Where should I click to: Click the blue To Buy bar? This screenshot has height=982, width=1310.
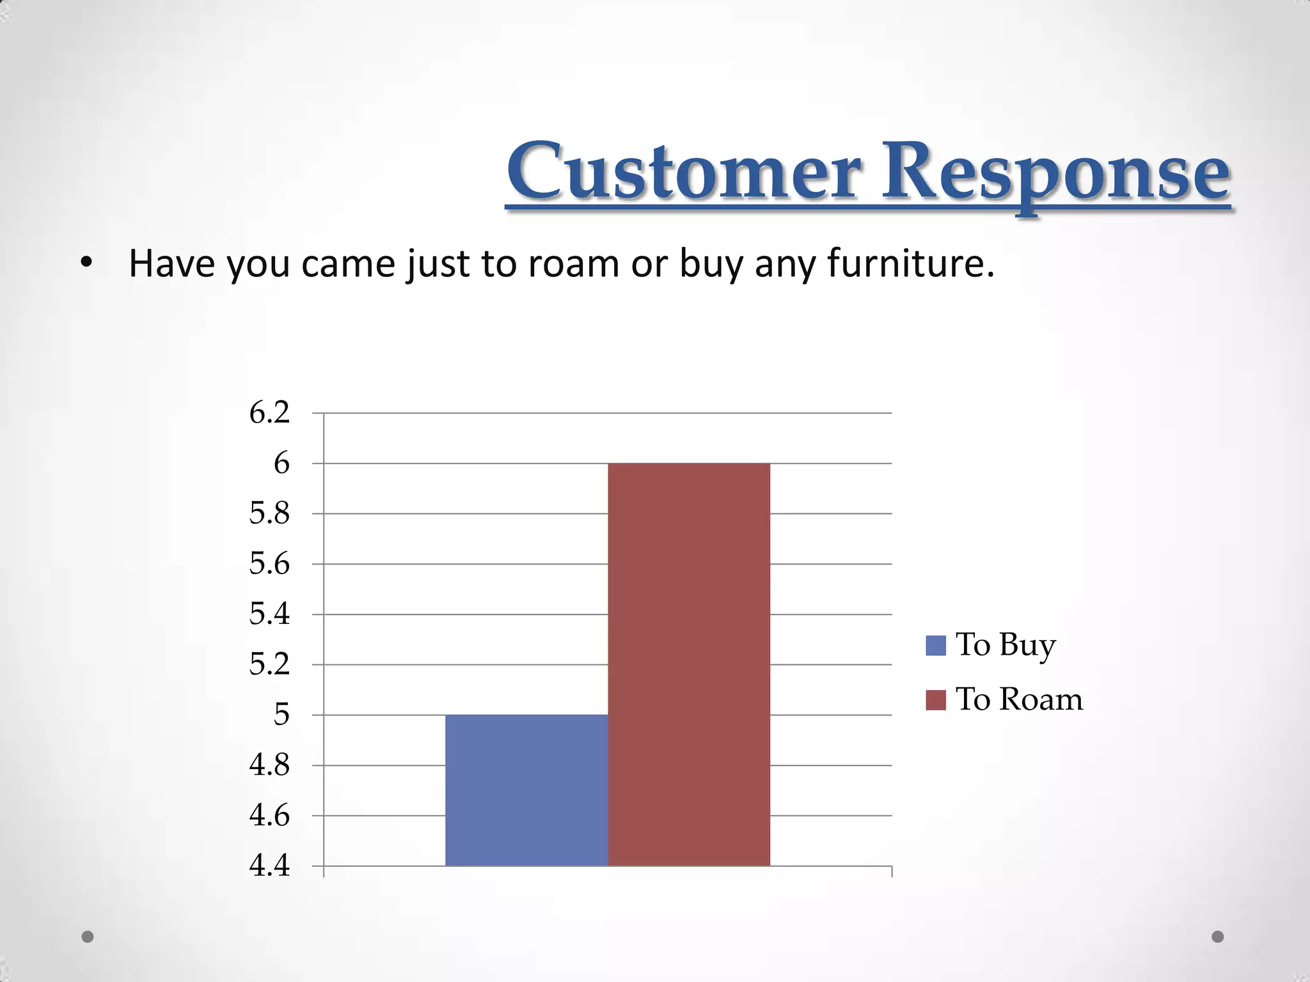[x=526, y=790]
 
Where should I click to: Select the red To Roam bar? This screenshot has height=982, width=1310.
[x=689, y=664]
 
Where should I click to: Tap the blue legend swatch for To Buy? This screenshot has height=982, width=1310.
[x=935, y=645]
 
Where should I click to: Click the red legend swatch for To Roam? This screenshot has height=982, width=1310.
[x=935, y=700]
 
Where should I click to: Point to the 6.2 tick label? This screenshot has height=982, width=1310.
[x=269, y=413]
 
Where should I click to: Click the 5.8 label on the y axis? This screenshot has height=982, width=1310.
[x=269, y=513]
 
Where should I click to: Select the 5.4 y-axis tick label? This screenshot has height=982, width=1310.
[x=269, y=614]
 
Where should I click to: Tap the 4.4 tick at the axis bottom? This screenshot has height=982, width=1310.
[x=269, y=866]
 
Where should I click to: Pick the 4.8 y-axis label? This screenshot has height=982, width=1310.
[x=269, y=765]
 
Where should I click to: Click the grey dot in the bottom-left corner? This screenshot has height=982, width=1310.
[x=88, y=937]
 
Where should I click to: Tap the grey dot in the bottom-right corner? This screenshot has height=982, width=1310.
[x=1218, y=937]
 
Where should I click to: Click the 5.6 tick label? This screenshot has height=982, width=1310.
[x=269, y=564]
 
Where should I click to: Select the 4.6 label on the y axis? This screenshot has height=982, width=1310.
[x=269, y=816]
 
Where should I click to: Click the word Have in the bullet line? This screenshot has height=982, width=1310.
[x=171, y=263]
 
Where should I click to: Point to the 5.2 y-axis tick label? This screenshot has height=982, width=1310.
[x=269, y=665]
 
